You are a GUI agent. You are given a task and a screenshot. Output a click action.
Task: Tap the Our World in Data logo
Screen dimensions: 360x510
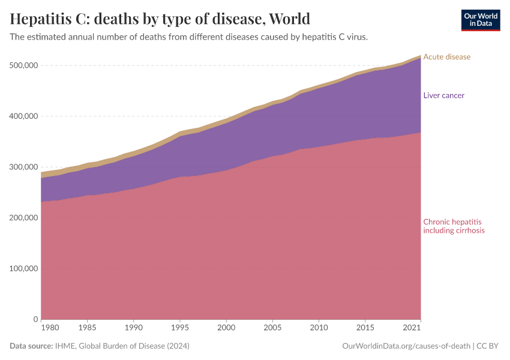click(480, 20)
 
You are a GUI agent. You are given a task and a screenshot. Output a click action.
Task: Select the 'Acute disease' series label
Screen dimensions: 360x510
click(446, 57)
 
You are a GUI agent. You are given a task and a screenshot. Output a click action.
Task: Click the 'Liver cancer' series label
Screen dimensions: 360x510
click(443, 95)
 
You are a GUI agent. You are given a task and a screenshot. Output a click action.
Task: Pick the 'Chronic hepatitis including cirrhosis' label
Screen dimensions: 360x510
click(454, 226)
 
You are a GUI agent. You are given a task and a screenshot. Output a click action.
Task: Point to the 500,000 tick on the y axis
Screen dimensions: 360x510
click(22, 65)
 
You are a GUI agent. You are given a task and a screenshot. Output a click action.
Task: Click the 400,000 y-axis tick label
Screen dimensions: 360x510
click(22, 116)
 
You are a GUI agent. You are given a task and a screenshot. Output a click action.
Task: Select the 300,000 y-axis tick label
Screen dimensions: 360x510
click(22, 167)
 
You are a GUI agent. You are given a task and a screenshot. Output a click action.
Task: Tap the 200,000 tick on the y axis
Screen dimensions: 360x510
click(22, 218)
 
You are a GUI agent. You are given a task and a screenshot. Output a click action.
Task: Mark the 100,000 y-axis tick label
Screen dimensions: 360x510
click(22, 268)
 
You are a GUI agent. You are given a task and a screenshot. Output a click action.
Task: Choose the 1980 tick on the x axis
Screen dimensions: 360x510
click(50, 329)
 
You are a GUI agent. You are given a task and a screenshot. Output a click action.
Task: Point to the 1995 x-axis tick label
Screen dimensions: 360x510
click(179, 329)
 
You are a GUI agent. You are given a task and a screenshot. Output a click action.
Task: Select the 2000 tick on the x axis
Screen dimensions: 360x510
click(226, 329)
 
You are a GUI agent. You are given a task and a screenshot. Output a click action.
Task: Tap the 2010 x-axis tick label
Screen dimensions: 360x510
click(319, 329)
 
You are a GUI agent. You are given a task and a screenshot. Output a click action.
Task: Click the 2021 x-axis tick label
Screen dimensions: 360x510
click(412, 329)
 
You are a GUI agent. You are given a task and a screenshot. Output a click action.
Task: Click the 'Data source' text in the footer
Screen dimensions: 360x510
click(31, 346)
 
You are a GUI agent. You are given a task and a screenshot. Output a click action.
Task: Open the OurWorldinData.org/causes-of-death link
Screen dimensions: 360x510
click(406, 346)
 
